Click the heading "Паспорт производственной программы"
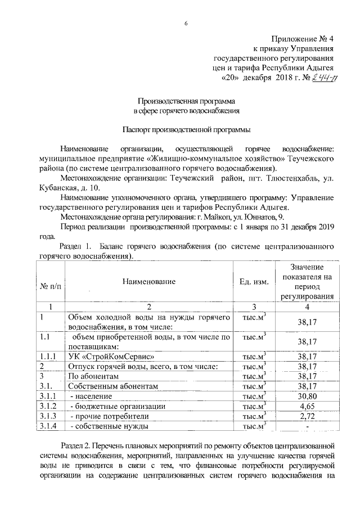(186, 129)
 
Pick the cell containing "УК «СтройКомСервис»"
(111, 356)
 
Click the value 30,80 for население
(307, 396)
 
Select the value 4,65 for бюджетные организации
(307, 406)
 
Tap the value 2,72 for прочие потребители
(307, 416)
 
